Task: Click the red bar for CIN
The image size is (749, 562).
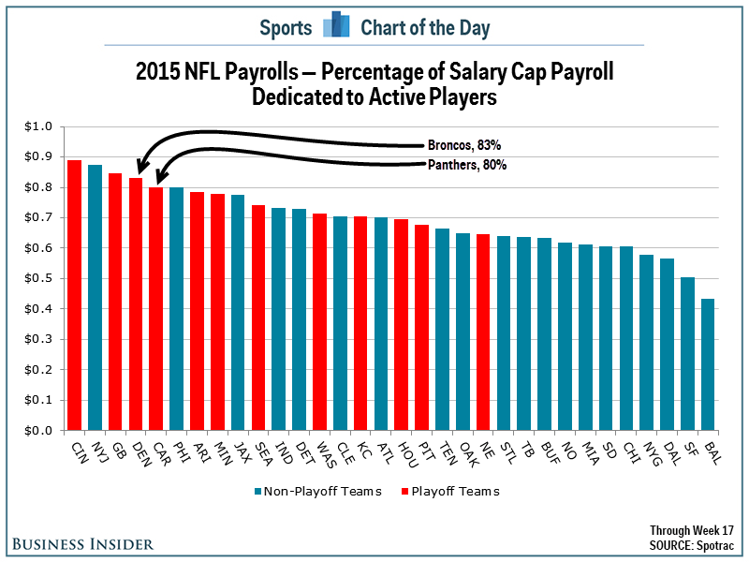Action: tap(74, 295)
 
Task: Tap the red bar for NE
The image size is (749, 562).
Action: tap(483, 333)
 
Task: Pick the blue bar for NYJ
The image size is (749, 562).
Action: tap(95, 298)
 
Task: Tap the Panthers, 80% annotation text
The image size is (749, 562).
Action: tap(467, 165)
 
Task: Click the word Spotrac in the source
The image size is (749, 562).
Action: tap(715, 544)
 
